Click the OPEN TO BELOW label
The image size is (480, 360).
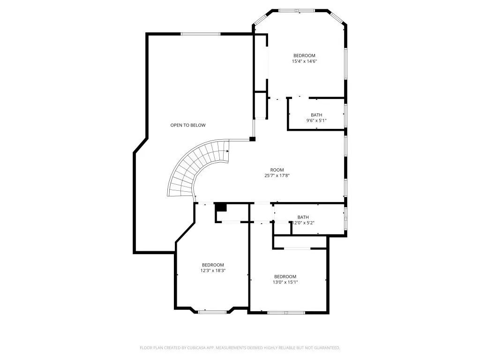pyautogui.click(x=187, y=125)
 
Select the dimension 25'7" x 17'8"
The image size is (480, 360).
pyautogui.click(x=277, y=176)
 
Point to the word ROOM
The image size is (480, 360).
pyautogui.click(x=277, y=170)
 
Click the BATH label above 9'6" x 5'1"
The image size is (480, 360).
pyautogui.click(x=316, y=115)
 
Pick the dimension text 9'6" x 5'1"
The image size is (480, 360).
pyautogui.click(x=316, y=120)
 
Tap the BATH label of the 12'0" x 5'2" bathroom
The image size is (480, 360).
pyautogui.click(x=303, y=217)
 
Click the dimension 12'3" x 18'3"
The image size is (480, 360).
pyautogui.click(x=213, y=270)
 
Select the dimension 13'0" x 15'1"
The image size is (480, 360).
pyautogui.click(x=285, y=282)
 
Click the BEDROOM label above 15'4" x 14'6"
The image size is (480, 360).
pyautogui.click(x=304, y=55)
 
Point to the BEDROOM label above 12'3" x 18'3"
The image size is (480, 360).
pyautogui.click(x=213, y=265)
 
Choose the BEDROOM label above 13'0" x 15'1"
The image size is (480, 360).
pyautogui.click(x=285, y=277)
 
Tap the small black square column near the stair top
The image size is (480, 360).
pyautogui.click(x=252, y=139)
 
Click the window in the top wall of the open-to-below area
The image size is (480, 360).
pyautogui.click(x=201, y=34)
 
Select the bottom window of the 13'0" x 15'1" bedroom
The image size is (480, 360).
pyautogui.click(x=286, y=312)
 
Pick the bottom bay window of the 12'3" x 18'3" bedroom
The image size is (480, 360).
pyautogui.click(x=212, y=311)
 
